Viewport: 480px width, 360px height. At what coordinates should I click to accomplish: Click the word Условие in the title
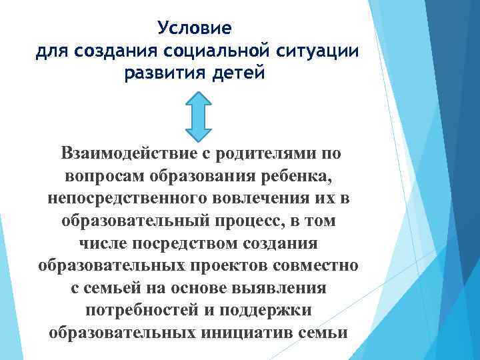coord(195,29)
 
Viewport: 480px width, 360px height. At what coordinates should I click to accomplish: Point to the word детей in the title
coord(239,73)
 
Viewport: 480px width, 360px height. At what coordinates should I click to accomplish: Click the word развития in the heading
coord(163,73)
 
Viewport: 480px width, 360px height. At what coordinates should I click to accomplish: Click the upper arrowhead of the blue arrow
coord(197,101)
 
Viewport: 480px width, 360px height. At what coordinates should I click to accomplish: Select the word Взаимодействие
coord(127,154)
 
